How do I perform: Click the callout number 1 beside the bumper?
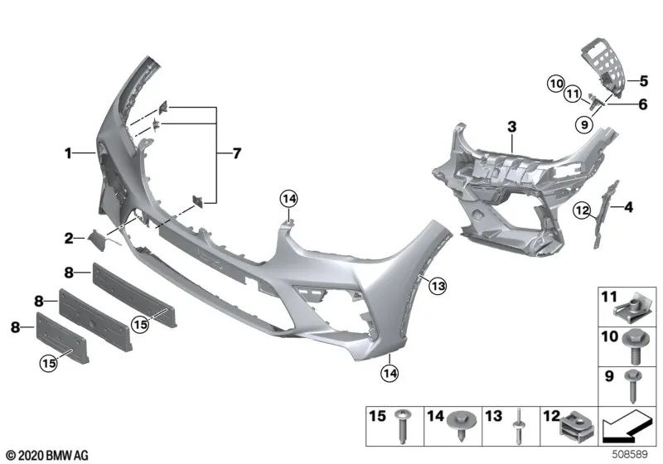[x=70, y=152]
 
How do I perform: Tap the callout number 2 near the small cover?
[x=70, y=239]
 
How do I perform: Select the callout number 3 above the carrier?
[x=512, y=126]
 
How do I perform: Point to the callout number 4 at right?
[x=628, y=207]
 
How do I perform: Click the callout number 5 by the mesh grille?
[x=642, y=80]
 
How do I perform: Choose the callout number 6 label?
[x=642, y=104]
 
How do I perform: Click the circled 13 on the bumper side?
[x=437, y=286]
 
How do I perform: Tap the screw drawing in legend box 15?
[x=404, y=433]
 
